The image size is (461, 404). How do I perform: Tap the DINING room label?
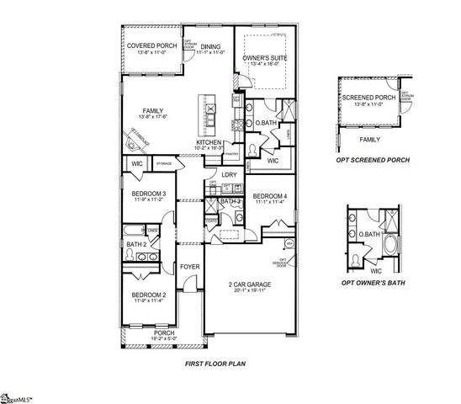[x=210, y=47]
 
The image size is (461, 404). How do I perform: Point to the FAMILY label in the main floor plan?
[x=152, y=110]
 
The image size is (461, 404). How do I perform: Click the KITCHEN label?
[x=209, y=142]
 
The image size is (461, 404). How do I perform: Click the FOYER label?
[x=190, y=268]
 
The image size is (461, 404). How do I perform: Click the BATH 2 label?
[x=136, y=245]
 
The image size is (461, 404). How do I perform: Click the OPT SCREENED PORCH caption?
[x=370, y=160]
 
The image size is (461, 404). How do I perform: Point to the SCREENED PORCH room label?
[x=368, y=98]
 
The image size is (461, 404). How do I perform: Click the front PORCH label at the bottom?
[x=164, y=332]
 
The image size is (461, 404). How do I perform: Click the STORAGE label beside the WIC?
[x=164, y=162]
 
